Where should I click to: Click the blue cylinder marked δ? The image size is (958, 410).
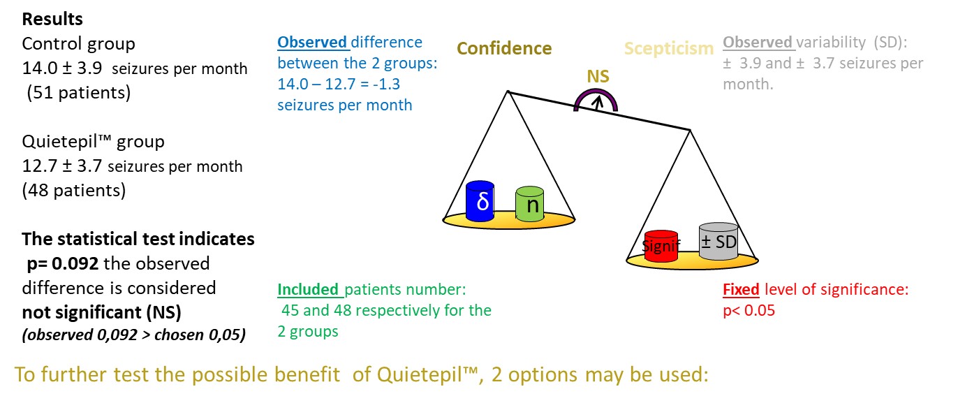[x=480, y=201]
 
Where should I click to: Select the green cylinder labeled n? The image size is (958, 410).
[x=529, y=204]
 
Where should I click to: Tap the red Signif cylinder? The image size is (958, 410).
[x=661, y=246]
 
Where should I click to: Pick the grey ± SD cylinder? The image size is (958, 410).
[x=718, y=241]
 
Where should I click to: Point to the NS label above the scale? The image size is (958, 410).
[x=598, y=77]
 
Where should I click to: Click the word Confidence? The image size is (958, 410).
[x=504, y=48]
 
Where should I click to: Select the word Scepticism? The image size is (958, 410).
[x=669, y=49]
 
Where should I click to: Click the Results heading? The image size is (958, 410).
[x=52, y=20]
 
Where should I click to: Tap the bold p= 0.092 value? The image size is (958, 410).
[x=62, y=263]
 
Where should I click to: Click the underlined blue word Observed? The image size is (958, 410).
[x=312, y=43]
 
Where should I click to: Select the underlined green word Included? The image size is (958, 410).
[x=308, y=290]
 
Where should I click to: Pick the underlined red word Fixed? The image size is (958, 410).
[x=741, y=290]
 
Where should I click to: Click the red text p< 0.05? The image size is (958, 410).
[x=749, y=311]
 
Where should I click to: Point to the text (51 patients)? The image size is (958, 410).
[x=79, y=93]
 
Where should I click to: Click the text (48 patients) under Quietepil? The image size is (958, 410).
[x=74, y=191]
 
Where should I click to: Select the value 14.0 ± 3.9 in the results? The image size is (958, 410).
[x=62, y=68]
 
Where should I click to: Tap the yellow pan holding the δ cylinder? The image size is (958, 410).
[x=509, y=221]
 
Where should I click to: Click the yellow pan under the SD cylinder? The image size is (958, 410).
[x=692, y=261]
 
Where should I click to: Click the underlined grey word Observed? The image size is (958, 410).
[x=758, y=43]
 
